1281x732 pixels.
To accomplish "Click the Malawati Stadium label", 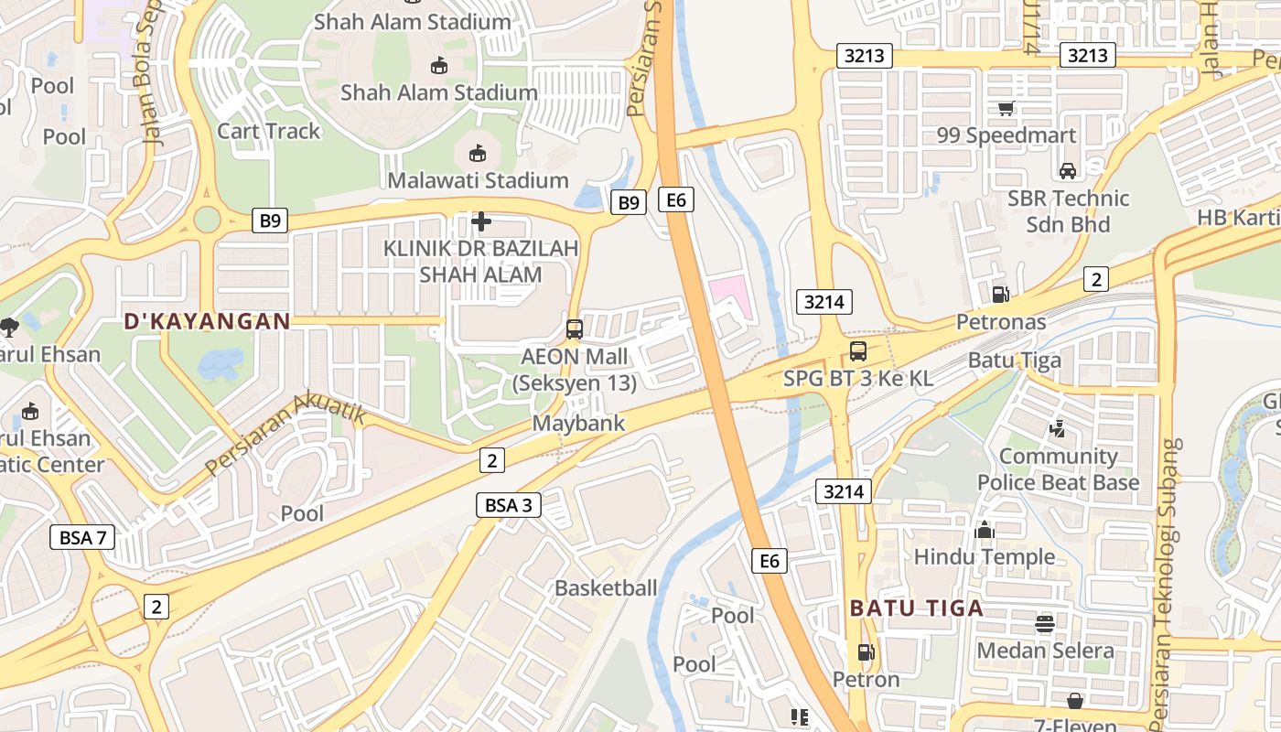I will [478, 180].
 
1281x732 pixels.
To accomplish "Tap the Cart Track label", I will [268, 131].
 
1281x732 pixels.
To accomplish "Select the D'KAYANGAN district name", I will [207, 321].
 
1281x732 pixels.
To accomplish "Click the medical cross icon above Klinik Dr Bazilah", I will [481, 221].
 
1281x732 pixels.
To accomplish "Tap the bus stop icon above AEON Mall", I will [575, 329].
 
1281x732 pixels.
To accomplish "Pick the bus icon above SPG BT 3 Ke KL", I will [858, 350].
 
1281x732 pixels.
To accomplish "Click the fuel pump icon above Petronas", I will [1001, 294].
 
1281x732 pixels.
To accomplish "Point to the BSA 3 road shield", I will [508, 504].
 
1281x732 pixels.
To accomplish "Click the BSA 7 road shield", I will [82, 537].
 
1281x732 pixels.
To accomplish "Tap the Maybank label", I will [578, 423].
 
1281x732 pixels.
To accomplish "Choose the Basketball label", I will [606, 587].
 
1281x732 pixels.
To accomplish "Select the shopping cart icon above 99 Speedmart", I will [1006, 109].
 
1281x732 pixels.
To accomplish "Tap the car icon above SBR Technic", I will [1067, 170].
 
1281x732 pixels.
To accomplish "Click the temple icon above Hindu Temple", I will [985, 530].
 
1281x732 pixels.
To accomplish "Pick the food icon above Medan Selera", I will [1045, 624].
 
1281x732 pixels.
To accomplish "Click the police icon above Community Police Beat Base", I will [1058, 428].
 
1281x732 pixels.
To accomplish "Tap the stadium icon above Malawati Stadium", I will [477, 153].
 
